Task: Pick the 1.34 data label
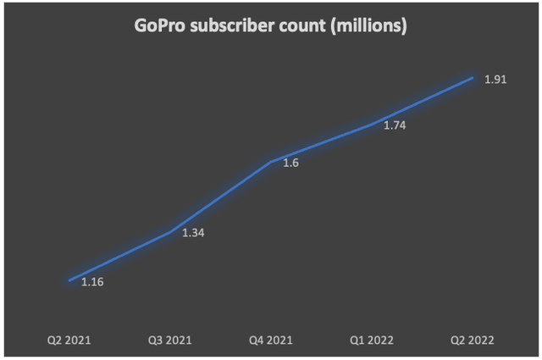pos(193,233)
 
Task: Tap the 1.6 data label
pos(290,163)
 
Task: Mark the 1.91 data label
pos(494,80)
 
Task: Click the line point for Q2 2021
pos(69,280)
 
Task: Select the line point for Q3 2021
pos(170,231)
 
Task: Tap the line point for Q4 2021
pos(271,161)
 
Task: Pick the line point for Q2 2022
pos(472,77)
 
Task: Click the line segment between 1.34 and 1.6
pos(220,197)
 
